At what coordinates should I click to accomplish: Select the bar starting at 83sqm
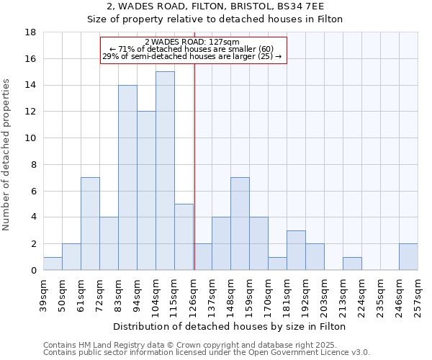tap(127, 177)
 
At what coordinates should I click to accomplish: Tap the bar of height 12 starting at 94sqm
tap(146, 191)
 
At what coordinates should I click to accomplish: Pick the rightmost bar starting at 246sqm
tap(408, 257)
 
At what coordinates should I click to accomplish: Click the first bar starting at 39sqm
tap(53, 264)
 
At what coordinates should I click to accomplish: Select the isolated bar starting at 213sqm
tap(352, 264)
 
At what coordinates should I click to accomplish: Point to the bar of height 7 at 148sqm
tap(240, 224)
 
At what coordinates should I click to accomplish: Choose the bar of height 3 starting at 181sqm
tap(296, 251)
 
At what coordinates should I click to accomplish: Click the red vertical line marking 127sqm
tap(194, 166)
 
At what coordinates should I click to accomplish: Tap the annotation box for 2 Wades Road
tap(193, 50)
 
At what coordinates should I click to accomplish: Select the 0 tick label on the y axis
tap(35, 270)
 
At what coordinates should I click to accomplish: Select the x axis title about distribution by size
tap(230, 326)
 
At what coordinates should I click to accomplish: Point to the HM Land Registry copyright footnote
tap(207, 345)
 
